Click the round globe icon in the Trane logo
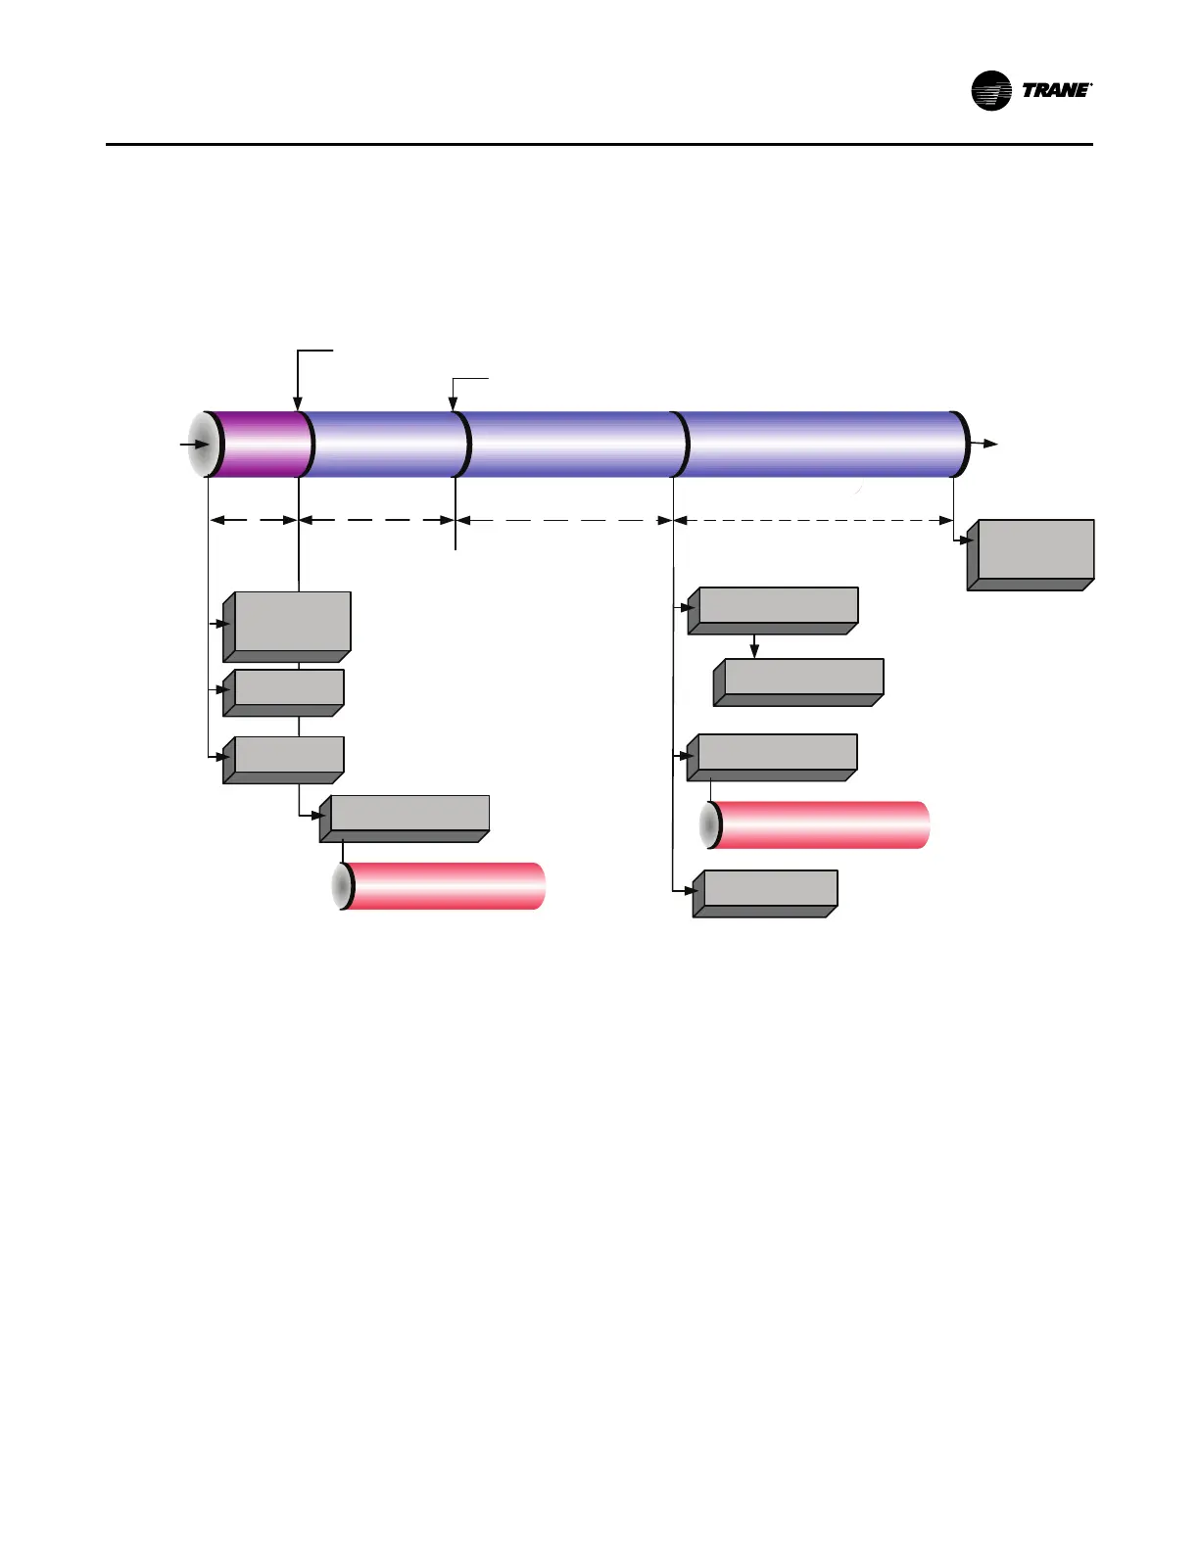pyautogui.click(x=990, y=91)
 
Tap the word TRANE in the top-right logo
pyautogui.click(x=1055, y=91)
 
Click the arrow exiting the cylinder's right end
pyautogui.click(x=984, y=444)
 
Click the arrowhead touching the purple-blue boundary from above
pyautogui.click(x=298, y=402)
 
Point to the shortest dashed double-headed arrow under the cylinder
pyautogui.click(x=253, y=520)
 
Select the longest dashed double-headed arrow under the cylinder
pyautogui.click(x=813, y=520)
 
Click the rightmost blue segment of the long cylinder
pyautogui.click(x=821, y=444)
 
